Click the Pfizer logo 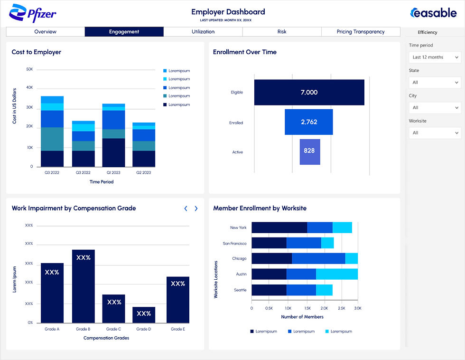tap(33, 14)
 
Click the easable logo tap(433, 13)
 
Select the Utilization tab tap(203, 32)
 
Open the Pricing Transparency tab tap(361, 32)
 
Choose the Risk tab tap(282, 32)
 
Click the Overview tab tap(46, 32)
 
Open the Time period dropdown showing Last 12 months tap(435, 57)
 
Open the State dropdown tap(435, 83)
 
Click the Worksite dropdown tap(435, 133)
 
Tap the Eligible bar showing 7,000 tap(309, 92)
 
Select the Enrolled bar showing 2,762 tap(308, 122)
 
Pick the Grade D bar tap(144, 315)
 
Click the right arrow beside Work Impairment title tap(196, 208)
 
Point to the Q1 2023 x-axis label tap(113, 172)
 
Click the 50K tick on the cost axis tap(29, 69)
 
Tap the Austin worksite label tap(241, 274)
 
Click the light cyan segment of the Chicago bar tap(351, 258)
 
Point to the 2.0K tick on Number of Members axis tap(323, 308)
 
